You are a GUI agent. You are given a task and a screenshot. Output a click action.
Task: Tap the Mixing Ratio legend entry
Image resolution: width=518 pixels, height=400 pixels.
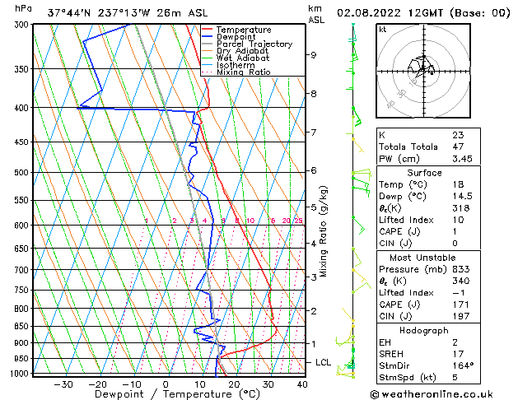[x=244, y=72]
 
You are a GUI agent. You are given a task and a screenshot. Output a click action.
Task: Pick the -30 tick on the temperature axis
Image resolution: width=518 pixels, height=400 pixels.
[x=63, y=384]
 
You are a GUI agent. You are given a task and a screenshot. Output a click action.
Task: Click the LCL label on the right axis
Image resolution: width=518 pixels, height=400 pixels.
[x=324, y=362]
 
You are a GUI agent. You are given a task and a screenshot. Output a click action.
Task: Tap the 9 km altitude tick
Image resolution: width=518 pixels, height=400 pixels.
[x=313, y=55]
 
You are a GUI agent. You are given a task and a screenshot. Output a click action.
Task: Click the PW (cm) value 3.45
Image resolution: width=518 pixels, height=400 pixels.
[x=464, y=158]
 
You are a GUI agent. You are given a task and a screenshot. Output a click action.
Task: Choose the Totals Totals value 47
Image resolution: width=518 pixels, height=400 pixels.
[x=458, y=146]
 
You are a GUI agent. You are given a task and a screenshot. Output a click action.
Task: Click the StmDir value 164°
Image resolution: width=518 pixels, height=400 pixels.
[x=463, y=365]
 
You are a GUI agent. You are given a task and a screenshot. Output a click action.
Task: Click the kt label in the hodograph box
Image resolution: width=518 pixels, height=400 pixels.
[x=382, y=29]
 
